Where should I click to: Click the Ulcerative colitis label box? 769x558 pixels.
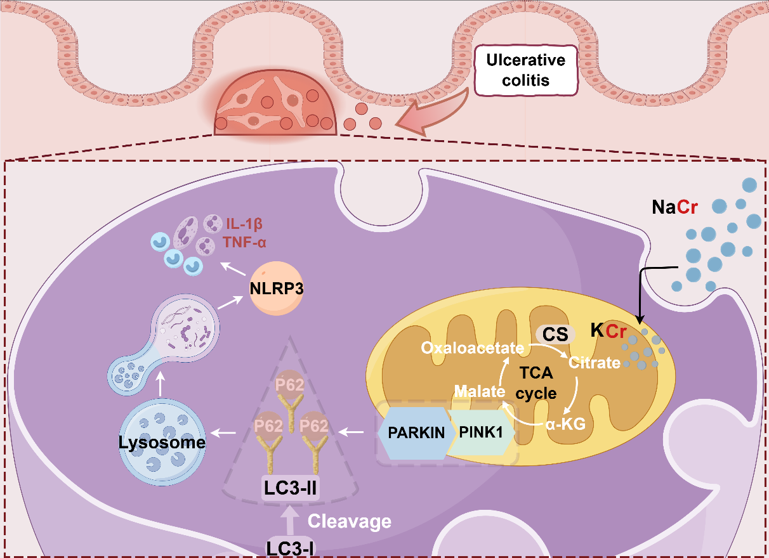pyautogui.click(x=525, y=70)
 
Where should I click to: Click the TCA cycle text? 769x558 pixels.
pyautogui.click(x=536, y=384)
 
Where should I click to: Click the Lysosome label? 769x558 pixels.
pyautogui.click(x=162, y=442)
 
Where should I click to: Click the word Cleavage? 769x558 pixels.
pyautogui.click(x=350, y=522)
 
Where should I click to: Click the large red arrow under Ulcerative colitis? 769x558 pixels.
pyautogui.click(x=431, y=114)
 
